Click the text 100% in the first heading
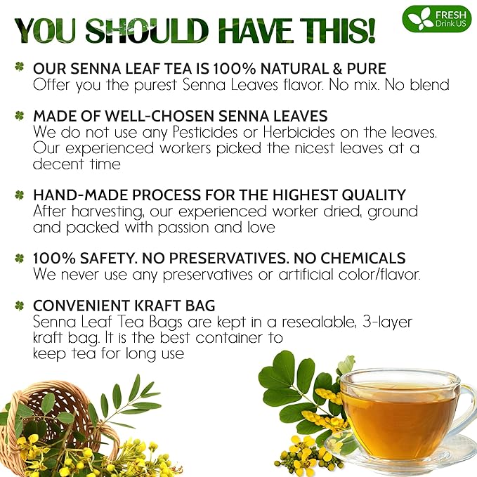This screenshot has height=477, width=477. [x=256, y=69]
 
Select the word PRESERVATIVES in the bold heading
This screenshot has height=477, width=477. [x=211, y=258]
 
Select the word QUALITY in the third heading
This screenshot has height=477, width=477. [x=377, y=195]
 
